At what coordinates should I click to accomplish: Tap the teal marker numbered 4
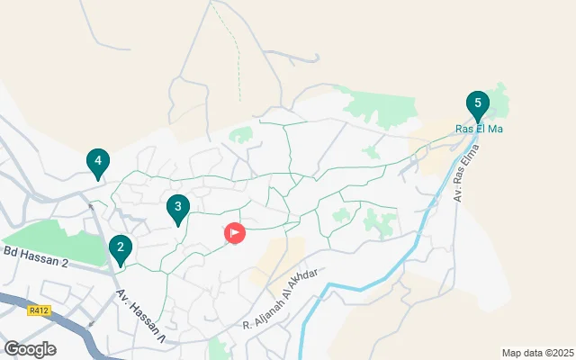click(98, 163)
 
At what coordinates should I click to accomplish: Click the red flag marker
click(234, 234)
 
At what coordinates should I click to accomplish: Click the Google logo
click(31, 348)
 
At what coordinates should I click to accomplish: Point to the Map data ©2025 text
click(537, 353)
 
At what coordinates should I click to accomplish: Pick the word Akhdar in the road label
click(302, 292)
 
